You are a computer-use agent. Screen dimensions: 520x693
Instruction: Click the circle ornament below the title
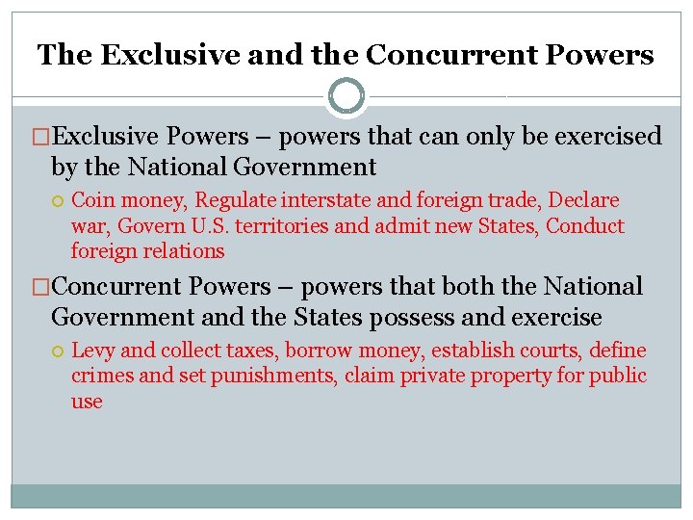[346, 96]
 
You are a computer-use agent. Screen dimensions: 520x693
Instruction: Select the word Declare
[583, 200]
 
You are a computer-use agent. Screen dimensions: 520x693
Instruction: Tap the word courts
[549, 351]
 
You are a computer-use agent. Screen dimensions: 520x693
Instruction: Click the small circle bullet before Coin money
[58, 201]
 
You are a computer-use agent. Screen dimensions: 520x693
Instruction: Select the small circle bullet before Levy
[58, 351]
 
